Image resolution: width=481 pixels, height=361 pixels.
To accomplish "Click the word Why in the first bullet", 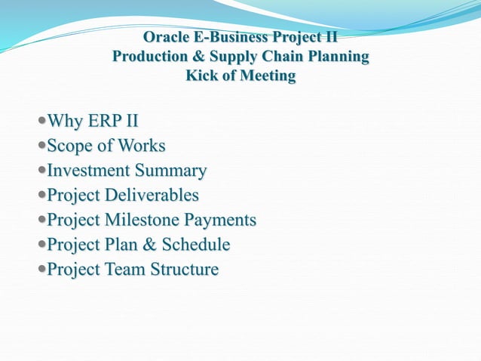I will click(65, 122).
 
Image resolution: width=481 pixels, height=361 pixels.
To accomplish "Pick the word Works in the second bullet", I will click(141, 147).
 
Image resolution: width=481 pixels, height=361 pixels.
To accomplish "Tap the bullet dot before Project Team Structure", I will click(41, 270).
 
